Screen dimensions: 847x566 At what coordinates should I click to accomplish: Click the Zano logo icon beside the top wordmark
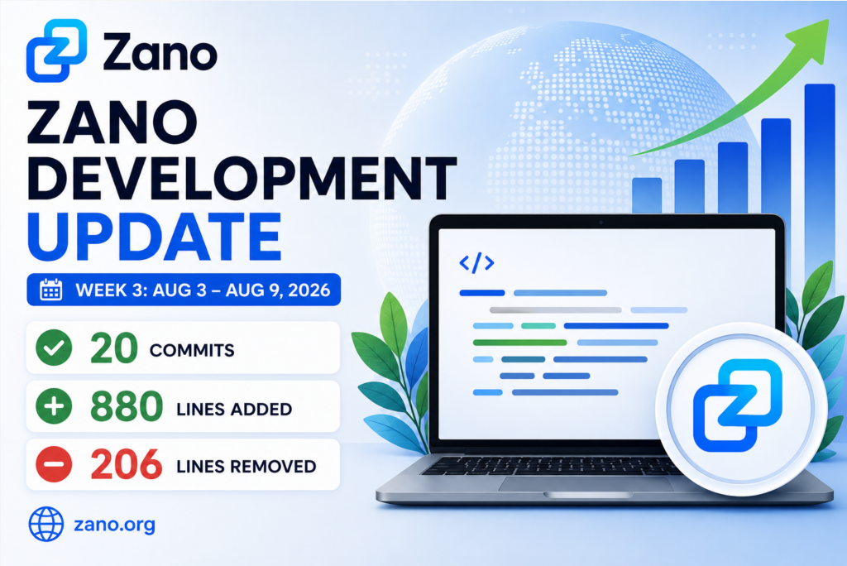pyautogui.click(x=57, y=50)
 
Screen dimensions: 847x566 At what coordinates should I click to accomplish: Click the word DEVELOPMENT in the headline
pyautogui.click(x=242, y=179)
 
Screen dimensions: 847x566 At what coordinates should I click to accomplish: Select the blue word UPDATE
pyautogui.click(x=155, y=237)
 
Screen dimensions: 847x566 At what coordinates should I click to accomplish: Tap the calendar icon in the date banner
pyautogui.click(x=50, y=290)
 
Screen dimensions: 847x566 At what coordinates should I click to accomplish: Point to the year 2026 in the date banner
pyautogui.click(x=309, y=290)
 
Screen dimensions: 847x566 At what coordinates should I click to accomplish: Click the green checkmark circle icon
pyautogui.click(x=54, y=348)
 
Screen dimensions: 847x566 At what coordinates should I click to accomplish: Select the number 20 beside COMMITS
pyautogui.click(x=114, y=348)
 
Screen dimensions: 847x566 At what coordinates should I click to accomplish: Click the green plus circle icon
pyautogui.click(x=54, y=406)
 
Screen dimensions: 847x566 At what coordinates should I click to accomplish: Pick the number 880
pyautogui.click(x=127, y=406)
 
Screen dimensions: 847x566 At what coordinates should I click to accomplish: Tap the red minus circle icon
pyautogui.click(x=54, y=464)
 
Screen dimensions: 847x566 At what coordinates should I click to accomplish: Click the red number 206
pyautogui.click(x=127, y=464)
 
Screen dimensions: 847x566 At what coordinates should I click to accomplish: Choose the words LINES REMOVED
pyautogui.click(x=246, y=466)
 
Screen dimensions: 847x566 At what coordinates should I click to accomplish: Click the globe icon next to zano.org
pyautogui.click(x=46, y=524)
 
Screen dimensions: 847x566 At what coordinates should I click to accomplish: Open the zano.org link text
pyautogui.click(x=114, y=525)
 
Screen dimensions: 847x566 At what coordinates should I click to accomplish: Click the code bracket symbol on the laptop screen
pyautogui.click(x=476, y=263)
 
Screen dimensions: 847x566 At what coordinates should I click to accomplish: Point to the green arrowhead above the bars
pyautogui.click(x=810, y=38)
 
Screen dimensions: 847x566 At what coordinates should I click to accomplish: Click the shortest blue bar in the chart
pyautogui.click(x=647, y=195)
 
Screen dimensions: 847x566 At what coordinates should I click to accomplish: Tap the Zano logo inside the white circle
pyautogui.click(x=738, y=405)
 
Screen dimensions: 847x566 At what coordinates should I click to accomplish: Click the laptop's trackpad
pyautogui.click(x=586, y=484)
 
